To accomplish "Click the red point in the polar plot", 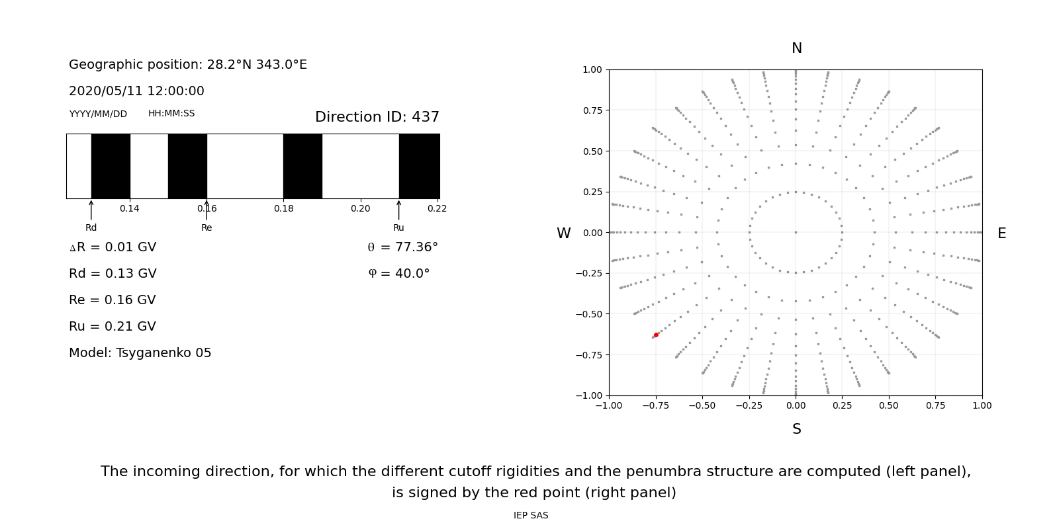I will (x=656, y=335).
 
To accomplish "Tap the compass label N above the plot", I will (x=796, y=48).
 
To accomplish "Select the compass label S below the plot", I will (x=796, y=429).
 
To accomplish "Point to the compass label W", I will (x=563, y=233).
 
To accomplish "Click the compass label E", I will (x=1001, y=233).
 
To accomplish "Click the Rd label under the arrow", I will (x=91, y=227).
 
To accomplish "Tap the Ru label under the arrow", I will (x=398, y=227).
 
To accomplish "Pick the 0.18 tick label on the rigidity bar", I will (x=283, y=208).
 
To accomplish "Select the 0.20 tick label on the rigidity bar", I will (x=360, y=208).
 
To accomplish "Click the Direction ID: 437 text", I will (x=377, y=117).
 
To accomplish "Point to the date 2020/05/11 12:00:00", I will (x=136, y=91).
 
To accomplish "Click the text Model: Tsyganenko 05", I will (x=140, y=353).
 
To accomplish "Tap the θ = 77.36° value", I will (x=402, y=247).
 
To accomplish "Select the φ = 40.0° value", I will (x=398, y=274).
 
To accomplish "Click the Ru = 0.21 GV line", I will (x=112, y=327).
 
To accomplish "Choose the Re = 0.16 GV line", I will (x=112, y=300).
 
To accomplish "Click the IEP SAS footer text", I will (x=530, y=515).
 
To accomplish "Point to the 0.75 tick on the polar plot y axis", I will (x=592, y=110).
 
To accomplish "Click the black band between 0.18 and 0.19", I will (x=302, y=166).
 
